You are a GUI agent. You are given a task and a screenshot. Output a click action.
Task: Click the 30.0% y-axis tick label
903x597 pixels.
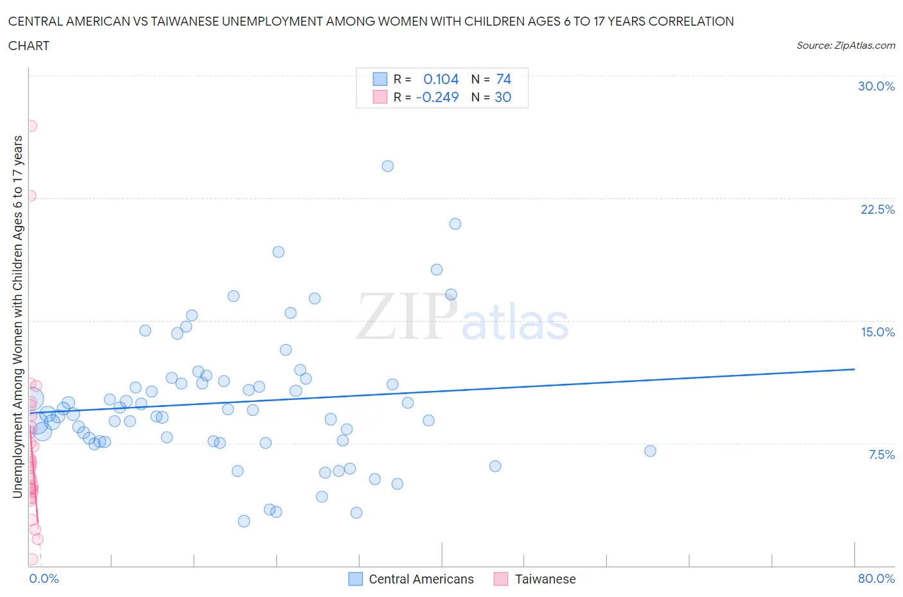876,86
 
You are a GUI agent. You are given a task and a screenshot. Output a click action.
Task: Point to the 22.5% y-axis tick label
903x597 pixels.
877,209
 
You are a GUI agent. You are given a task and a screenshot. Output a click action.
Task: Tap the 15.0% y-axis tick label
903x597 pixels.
877,332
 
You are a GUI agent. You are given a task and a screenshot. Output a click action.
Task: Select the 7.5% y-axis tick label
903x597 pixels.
881,454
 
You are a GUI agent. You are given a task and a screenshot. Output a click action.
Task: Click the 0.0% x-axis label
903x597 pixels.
44,578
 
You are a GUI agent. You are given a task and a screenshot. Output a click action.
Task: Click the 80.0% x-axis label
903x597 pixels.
876,578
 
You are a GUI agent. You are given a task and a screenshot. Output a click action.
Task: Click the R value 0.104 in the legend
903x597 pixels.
441,79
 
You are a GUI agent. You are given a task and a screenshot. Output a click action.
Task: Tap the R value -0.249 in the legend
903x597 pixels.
437,97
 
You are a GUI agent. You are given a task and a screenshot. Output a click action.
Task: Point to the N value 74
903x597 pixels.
504,79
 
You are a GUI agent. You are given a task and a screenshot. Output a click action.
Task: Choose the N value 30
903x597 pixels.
503,97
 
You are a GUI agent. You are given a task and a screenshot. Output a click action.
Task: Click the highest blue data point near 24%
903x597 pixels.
387,166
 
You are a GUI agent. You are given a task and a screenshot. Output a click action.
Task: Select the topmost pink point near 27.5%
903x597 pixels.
31,126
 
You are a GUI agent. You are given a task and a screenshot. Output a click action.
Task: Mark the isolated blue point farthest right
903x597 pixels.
650,451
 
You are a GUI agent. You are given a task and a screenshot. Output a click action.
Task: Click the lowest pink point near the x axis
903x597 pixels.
31,559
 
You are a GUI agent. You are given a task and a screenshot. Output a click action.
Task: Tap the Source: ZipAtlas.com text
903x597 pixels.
845,46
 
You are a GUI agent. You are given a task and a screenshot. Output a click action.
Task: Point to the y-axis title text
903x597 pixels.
17,316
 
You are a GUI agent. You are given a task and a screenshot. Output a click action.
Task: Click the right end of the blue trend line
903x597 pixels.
854,369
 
